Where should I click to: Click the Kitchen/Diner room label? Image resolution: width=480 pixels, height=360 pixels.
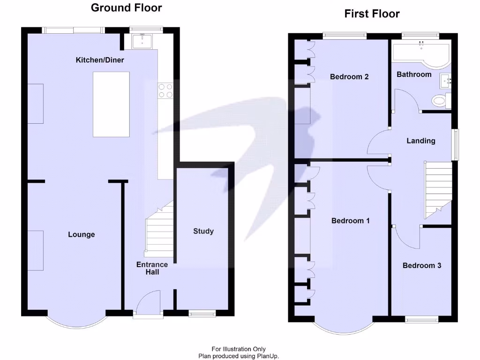pyautogui.click(x=100, y=60)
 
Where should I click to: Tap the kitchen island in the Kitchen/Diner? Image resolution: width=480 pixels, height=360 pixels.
pyautogui.click(x=111, y=104)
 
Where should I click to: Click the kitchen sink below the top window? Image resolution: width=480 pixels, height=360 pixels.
pyautogui.click(x=142, y=42)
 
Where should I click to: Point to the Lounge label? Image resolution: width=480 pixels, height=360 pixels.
pyautogui.click(x=81, y=234)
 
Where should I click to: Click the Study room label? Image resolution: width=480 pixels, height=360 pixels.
pyautogui.click(x=203, y=231)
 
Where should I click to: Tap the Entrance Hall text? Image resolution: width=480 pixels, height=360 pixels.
pyautogui.click(x=152, y=268)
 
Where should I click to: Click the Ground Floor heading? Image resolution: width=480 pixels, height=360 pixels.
pyautogui.click(x=126, y=7)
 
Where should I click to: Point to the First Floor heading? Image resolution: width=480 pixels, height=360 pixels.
pyautogui.click(x=372, y=14)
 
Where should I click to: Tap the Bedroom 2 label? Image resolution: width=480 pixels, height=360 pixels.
pyautogui.click(x=349, y=76)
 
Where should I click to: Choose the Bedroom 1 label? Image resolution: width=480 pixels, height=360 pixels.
pyautogui.click(x=351, y=220)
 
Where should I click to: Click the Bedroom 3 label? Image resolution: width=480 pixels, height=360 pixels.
pyautogui.click(x=422, y=265)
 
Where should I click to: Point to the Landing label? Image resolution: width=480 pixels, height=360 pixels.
pyautogui.click(x=420, y=141)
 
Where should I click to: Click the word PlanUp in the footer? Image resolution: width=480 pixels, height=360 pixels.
pyautogui.click(x=267, y=356)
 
